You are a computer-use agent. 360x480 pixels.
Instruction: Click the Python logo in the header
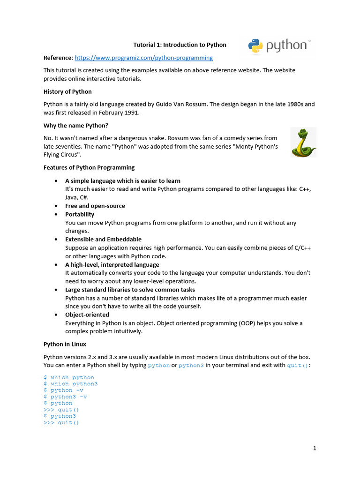[x=278, y=45]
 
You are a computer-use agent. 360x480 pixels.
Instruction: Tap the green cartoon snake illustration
[x=303, y=142]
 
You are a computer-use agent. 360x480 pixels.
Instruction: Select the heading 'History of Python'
[x=67, y=91]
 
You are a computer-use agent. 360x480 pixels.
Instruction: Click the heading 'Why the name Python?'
[x=75, y=125]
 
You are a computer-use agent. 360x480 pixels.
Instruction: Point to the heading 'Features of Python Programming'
[x=89, y=167]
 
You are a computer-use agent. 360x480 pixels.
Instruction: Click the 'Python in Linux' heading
[x=65, y=344]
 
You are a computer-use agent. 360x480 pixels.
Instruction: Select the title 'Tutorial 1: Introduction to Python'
[x=180, y=45]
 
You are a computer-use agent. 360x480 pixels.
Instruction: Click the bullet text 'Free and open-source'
[x=95, y=206]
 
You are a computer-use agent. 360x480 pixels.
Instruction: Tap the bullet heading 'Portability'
[x=80, y=214]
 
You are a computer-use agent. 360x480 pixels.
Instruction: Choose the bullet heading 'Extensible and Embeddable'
[x=103, y=240]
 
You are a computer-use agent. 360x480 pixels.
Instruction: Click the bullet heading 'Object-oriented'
[x=87, y=315]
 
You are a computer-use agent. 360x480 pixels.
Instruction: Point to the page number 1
[x=315, y=448]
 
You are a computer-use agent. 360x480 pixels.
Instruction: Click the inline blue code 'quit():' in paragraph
[x=298, y=366]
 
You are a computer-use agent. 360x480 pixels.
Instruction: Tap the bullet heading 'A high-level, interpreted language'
[x=112, y=265]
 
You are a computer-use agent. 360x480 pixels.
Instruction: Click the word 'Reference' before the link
[x=58, y=58]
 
